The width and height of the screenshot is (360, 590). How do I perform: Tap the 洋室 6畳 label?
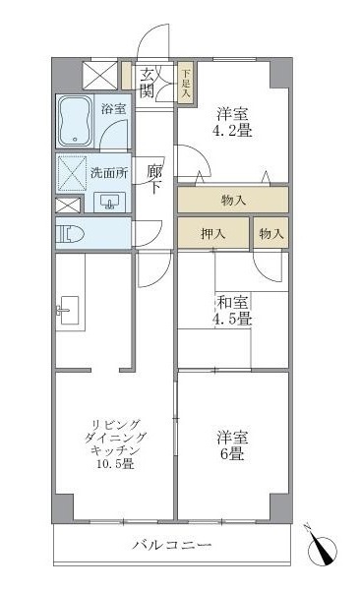pyautogui.click(x=231, y=446)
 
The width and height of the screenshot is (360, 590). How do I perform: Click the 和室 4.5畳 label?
pyautogui.click(x=234, y=312)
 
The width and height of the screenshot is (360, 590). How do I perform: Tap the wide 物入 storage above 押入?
pyautogui.click(x=233, y=201)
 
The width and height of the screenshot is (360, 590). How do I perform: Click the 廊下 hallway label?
pyautogui.click(x=154, y=180)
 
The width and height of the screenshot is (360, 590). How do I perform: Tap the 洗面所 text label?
pyautogui.click(x=108, y=173)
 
